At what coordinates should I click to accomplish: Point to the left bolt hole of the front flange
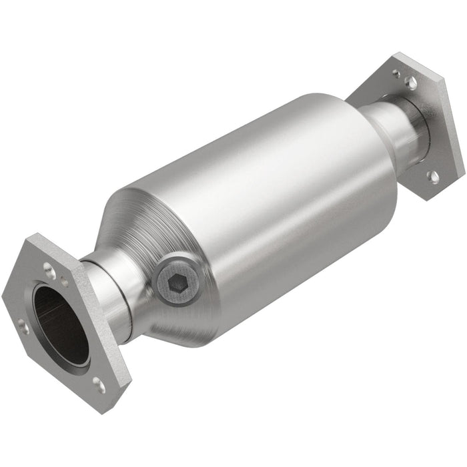22,325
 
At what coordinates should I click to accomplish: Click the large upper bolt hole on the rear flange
412,82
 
